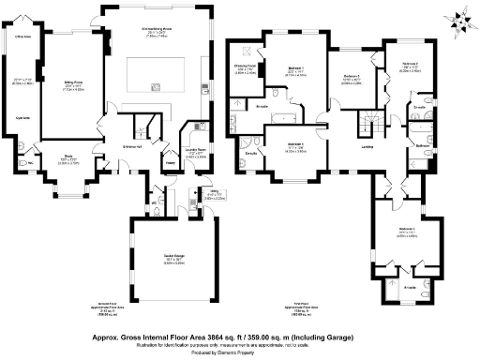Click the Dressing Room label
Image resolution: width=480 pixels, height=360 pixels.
[247, 66]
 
